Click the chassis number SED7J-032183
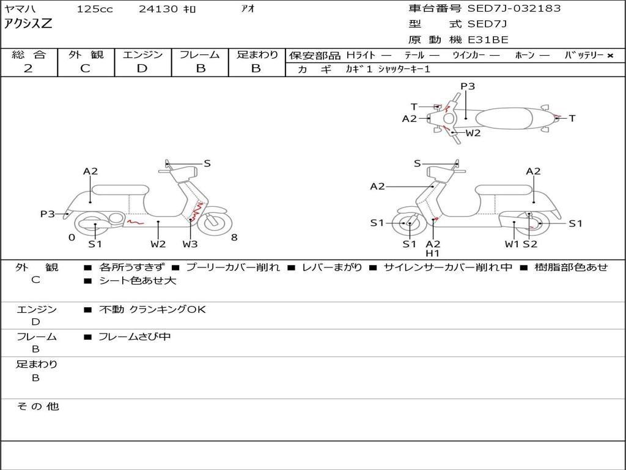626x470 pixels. point(514,8)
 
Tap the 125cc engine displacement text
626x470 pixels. point(95,9)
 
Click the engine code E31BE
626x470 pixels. point(488,40)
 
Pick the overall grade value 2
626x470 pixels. point(28,69)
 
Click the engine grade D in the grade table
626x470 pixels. point(142,69)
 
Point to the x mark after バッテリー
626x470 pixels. point(610,56)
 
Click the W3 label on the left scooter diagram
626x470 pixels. point(190,244)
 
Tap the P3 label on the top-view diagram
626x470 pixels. point(468,86)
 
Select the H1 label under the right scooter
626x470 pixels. point(432,253)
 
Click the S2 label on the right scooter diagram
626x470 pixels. point(530,244)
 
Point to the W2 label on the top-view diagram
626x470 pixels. point(473,133)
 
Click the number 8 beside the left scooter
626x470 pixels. point(234,237)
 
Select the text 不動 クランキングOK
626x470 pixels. point(152,309)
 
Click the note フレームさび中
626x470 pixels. point(134,337)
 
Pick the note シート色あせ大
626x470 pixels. point(138,280)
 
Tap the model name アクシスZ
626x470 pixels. point(28,24)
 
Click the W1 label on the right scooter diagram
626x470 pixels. point(512,244)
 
